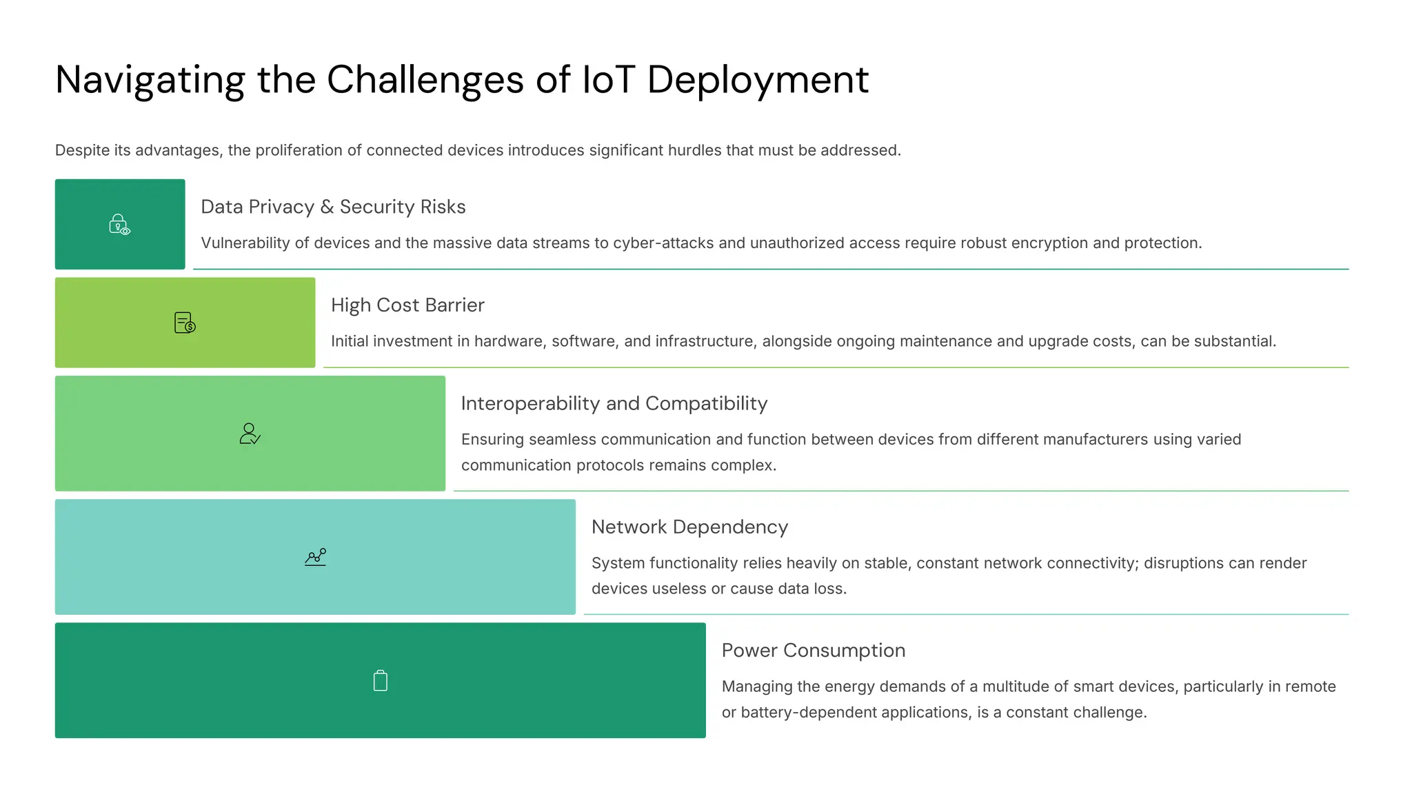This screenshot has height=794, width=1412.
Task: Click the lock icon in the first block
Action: (119, 225)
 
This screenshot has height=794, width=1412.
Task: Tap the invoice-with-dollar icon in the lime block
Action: (185, 323)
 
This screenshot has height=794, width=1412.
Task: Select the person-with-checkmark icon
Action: (250, 434)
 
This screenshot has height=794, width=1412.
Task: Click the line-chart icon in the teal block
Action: (316, 557)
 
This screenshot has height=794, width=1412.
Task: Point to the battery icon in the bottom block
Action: (381, 681)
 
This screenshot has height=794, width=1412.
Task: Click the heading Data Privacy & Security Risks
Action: (333, 207)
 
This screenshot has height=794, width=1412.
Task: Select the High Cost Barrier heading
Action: (407, 305)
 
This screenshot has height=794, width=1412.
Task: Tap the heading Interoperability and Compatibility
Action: (614, 403)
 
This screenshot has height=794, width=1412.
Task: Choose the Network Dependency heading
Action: (689, 527)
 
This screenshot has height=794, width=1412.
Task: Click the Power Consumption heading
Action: (814, 651)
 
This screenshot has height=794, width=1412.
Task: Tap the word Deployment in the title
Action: (758, 81)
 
